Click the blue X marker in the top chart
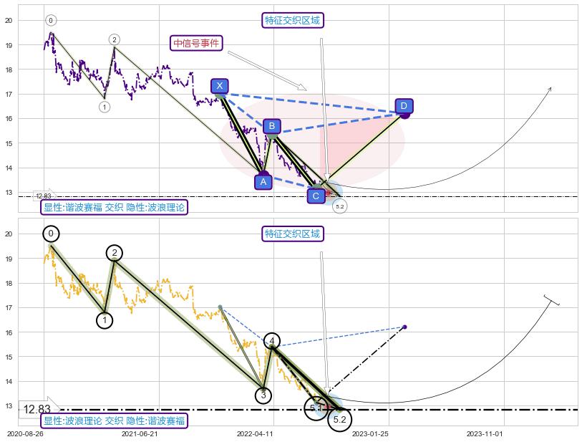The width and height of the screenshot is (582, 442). click(x=220, y=86)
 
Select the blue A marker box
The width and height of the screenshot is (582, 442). click(x=263, y=182)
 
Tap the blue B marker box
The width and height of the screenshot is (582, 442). click(x=271, y=127)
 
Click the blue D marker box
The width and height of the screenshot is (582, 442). click(x=404, y=107)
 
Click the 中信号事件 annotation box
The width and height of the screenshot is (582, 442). click(x=196, y=43)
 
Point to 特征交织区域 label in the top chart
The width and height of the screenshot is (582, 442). click(x=294, y=20)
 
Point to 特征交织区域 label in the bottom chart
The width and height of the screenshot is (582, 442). click(x=294, y=234)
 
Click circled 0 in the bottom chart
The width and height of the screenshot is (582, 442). click(x=51, y=234)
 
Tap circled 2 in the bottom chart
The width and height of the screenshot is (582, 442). click(x=115, y=253)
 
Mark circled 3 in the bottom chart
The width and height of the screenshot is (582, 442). click(x=263, y=395)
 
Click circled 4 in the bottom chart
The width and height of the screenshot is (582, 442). click(x=272, y=340)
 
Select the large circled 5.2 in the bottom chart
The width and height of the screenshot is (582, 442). click(x=340, y=420)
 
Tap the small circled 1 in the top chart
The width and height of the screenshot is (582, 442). click(x=105, y=107)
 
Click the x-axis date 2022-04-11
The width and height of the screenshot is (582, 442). click(x=256, y=433)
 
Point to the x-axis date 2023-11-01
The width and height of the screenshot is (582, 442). click(x=485, y=433)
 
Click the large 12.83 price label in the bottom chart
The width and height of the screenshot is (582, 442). click(x=37, y=410)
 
